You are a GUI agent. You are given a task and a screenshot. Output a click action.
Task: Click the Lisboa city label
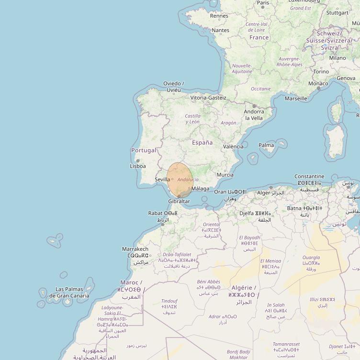coord(137,166)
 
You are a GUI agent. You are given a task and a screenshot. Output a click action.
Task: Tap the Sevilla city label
coord(162,180)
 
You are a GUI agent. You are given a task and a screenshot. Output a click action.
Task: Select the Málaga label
coord(200,189)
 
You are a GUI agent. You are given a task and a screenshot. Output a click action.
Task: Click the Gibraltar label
coord(179,202)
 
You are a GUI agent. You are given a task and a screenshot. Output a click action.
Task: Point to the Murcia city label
coord(225,175)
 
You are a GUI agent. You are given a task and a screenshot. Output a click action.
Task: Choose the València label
coord(233,146)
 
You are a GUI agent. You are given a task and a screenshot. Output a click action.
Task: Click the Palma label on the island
coord(266,145)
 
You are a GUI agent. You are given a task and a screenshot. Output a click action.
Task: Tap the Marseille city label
coord(296,99)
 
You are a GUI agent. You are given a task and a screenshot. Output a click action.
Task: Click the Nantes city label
coord(220,30)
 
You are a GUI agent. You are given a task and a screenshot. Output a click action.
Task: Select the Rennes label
coord(219,16)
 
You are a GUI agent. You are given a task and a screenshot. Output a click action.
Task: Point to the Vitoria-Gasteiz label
coord(208,98)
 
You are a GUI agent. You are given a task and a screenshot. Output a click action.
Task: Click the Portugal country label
coord(144,150)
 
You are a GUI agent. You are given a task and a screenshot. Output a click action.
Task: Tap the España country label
coord(202,143)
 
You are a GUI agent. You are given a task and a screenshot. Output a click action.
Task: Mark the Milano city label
coord(337,58)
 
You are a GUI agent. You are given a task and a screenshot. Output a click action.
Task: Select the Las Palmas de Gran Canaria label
coord(72,292)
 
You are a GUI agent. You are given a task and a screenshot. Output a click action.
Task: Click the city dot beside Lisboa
coord(138,161)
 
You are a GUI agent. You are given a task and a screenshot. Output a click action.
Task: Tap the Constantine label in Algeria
coord(309,177)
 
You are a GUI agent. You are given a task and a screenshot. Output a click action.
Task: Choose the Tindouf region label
coord(169,301)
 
